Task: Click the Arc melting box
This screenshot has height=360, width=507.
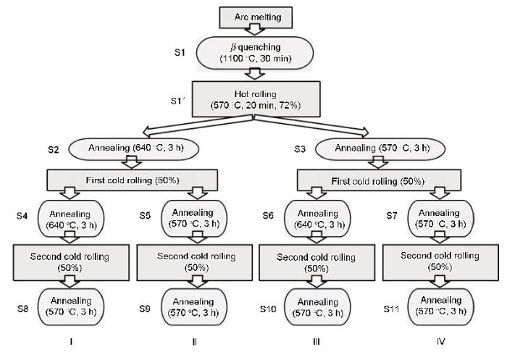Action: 256,17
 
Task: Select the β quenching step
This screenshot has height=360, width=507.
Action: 255,53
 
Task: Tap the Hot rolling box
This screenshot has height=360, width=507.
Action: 256,99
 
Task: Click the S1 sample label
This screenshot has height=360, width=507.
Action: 180,52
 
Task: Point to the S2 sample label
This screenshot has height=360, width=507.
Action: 54,150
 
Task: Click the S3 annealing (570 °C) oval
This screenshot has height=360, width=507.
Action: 380,148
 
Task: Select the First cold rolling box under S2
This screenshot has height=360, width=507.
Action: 133,180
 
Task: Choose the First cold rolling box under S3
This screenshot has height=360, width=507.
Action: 379,180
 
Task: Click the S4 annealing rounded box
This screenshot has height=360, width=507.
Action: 71,219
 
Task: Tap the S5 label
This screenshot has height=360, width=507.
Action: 145,215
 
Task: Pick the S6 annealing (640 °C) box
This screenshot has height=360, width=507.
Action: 317,219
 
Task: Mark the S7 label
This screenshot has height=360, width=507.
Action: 392,215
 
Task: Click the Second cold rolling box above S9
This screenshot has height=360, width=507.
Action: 195,262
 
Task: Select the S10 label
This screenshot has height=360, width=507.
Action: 268,309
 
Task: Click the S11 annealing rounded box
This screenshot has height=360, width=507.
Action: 441,306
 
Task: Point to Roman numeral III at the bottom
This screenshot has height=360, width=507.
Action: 317,342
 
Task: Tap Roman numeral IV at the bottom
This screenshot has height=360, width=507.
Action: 440,342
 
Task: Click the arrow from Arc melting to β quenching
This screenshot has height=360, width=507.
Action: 255,30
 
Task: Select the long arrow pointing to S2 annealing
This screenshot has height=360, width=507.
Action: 198,125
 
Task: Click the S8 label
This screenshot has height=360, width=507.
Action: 22,309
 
